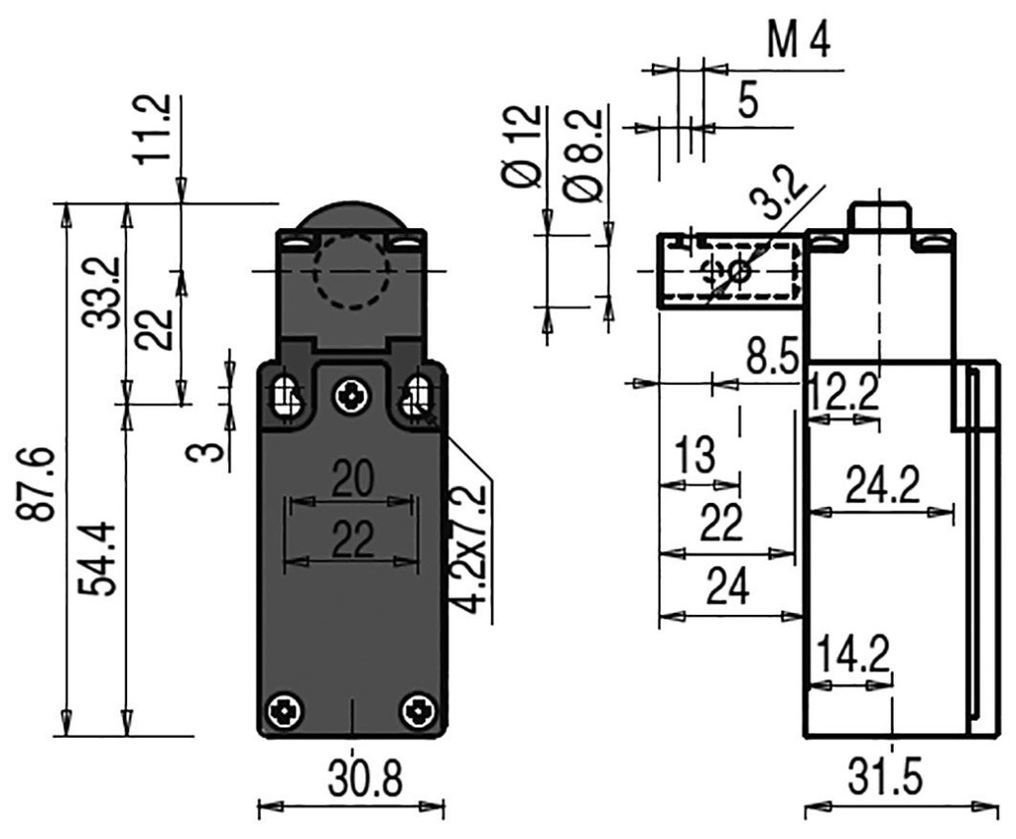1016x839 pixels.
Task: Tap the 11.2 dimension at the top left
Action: click(156, 129)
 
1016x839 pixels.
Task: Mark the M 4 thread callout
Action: click(799, 43)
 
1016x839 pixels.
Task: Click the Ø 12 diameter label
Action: click(524, 146)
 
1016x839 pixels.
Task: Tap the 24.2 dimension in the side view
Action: click(882, 485)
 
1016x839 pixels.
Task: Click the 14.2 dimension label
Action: click(851, 655)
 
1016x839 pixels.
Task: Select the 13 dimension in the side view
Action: click(694, 455)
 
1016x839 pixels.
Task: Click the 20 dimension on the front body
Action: click(352, 479)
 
